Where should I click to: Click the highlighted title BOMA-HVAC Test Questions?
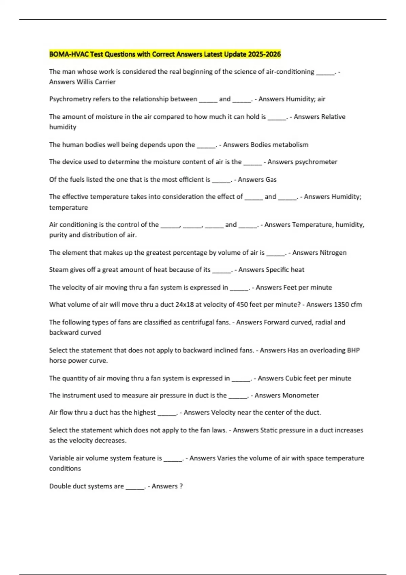165,54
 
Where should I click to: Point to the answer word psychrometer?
316,162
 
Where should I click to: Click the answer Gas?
271,180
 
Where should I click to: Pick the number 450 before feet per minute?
242,304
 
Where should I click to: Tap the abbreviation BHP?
353,350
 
